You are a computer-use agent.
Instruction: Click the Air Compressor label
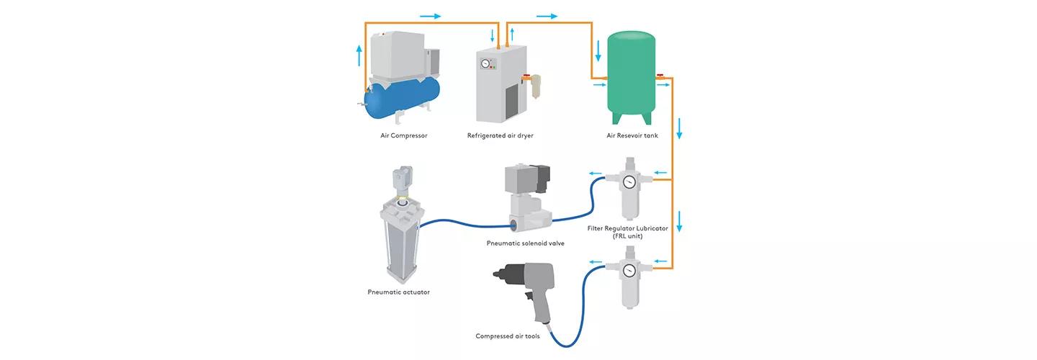pos(403,135)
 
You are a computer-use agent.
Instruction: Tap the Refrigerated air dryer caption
pos(500,135)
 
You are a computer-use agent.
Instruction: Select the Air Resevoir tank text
pos(632,135)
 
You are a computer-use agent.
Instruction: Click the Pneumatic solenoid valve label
pos(525,243)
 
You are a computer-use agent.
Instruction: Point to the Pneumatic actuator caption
pos(398,292)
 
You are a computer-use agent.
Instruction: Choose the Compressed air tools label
pos(507,336)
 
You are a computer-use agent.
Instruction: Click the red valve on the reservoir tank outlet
pos(660,74)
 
